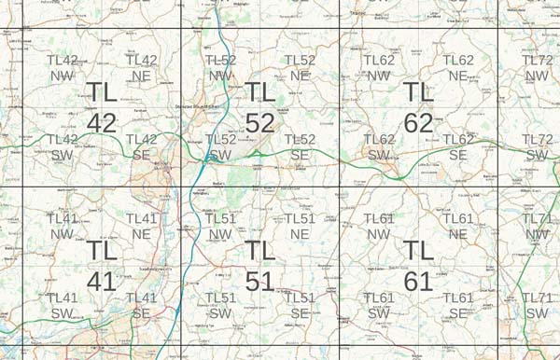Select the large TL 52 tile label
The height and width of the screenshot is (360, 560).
tap(260, 107)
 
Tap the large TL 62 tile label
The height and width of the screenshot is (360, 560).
tap(419, 107)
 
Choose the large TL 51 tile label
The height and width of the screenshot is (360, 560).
tap(260, 266)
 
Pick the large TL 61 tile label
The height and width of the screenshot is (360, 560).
tap(419, 266)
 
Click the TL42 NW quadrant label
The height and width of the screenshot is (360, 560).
tap(62, 68)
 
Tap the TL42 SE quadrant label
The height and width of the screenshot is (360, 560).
tap(141, 147)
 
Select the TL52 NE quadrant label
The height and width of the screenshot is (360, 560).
tap(300, 68)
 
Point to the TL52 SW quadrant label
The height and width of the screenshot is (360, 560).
tap(221, 147)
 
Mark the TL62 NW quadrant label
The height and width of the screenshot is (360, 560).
tap(379, 68)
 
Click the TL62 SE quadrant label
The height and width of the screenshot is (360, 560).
tap(458, 147)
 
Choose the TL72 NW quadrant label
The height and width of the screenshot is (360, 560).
tap(538, 68)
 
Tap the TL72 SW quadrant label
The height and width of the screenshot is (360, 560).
tap(538, 147)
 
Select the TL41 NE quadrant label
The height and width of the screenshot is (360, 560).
tap(141, 227)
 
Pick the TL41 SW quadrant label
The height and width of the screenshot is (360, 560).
tap(62, 305)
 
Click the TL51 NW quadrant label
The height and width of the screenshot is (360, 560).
tap(221, 227)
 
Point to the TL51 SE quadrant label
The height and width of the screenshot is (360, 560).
tap(300, 305)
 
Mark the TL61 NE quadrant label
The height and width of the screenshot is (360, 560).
tap(458, 227)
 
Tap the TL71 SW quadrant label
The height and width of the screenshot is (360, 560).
tap(538, 305)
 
